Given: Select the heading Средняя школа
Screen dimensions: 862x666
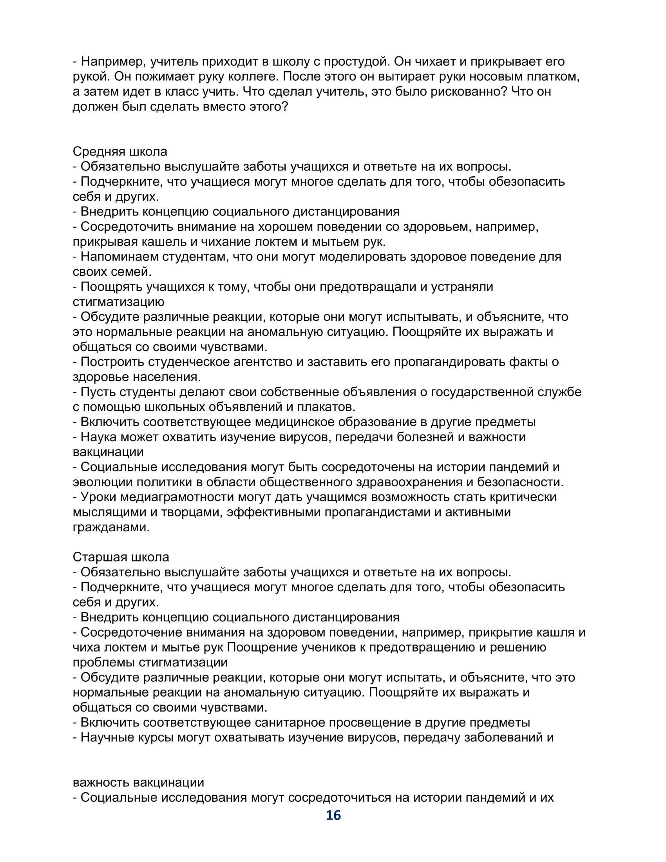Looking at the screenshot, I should pyautogui.click(x=120, y=152).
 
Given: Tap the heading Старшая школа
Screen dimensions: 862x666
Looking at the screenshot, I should pyautogui.click(x=121, y=557).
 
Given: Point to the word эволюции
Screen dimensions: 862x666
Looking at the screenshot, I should pyautogui.click(x=103, y=482).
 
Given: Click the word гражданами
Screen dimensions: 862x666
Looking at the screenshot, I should pyautogui.click(x=111, y=527).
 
